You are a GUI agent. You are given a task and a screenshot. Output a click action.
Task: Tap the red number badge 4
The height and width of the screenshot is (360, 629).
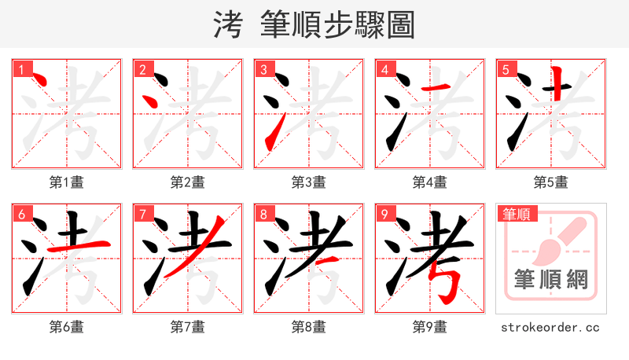[x=384, y=69]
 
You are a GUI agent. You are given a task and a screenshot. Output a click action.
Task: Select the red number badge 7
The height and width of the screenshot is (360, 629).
[x=142, y=214]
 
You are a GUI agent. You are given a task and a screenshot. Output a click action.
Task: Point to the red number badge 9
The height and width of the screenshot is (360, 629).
[x=384, y=214]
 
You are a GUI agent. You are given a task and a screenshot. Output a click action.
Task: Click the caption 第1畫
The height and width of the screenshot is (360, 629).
[x=67, y=182]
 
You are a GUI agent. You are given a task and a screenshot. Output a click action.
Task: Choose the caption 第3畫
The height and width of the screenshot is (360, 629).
[x=309, y=182]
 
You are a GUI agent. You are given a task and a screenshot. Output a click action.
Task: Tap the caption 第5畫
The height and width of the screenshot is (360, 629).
[x=551, y=182]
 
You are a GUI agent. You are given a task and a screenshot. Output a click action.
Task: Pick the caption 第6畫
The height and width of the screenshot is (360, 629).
[x=67, y=327]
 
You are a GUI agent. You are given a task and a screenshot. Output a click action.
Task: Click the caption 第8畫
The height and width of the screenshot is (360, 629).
[x=309, y=327]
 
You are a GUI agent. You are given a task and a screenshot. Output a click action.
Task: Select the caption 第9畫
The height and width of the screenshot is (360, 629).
[x=430, y=327]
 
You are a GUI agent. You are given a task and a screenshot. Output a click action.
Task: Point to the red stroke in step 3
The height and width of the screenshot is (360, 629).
[x=273, y=134]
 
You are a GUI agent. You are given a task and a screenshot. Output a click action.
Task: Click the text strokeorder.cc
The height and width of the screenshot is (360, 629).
[x=551, y=327]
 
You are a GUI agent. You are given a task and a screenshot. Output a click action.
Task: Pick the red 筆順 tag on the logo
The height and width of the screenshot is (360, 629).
[x=517, y=214]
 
